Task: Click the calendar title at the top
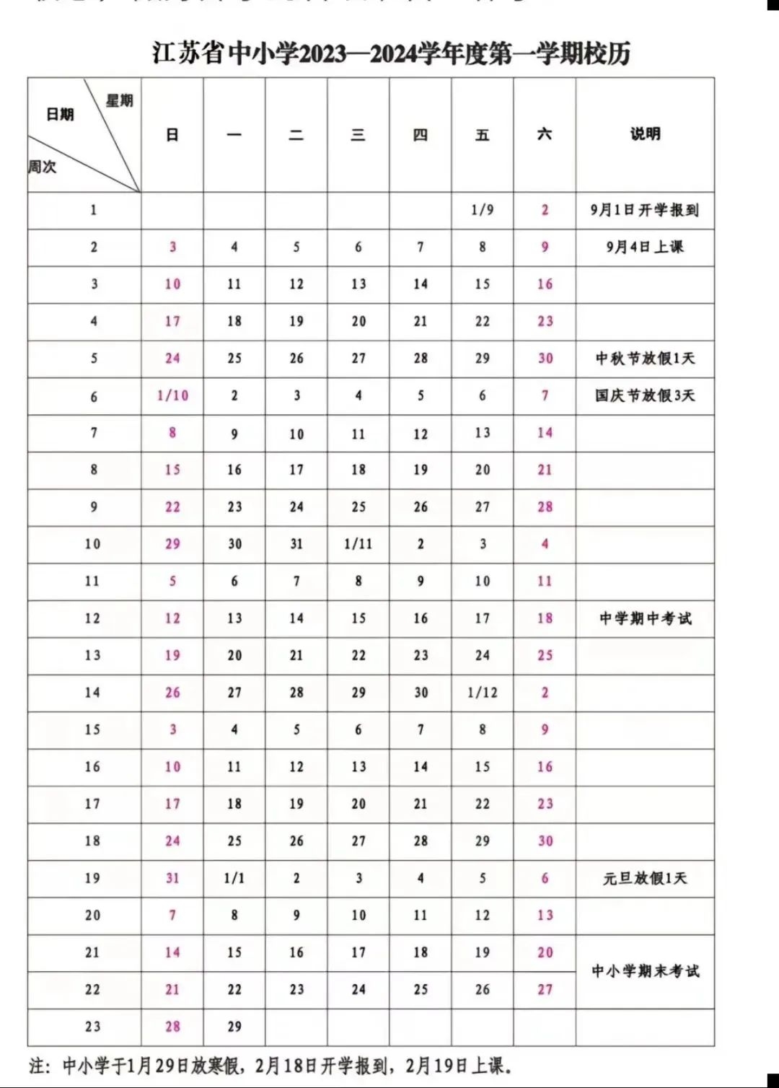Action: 391,53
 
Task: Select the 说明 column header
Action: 645,134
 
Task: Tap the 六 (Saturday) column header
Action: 545,134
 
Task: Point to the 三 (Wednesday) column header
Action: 358,135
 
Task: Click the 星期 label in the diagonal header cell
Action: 120,101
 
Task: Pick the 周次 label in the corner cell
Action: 43,167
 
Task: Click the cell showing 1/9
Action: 483,210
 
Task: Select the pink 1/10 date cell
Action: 172,395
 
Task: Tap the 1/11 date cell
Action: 358,544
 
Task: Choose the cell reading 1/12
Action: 483,693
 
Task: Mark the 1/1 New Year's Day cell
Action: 234,878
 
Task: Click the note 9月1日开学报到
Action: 645,210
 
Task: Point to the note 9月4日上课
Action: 645,247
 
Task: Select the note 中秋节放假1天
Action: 645,359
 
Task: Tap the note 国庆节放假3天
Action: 645,395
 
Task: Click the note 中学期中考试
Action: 645,618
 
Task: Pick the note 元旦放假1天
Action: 645,878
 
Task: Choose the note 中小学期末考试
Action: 645,971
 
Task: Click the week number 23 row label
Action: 92,1027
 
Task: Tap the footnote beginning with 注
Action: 270,1066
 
